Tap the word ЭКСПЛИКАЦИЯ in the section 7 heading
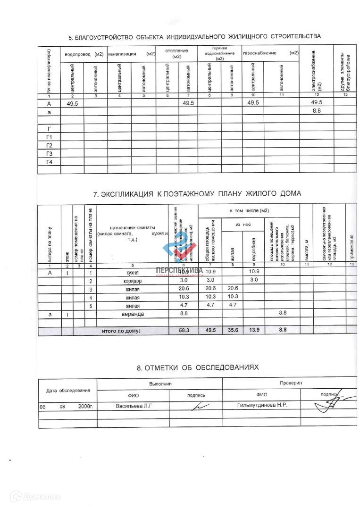point(128,194)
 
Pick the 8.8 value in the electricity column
point(317,111)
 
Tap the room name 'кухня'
point(133,273)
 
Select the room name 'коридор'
point(133,281)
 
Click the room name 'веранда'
point(133,314)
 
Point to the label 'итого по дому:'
point(121,331)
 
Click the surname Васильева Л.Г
point(135,406)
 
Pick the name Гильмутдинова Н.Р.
point(262,406)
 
